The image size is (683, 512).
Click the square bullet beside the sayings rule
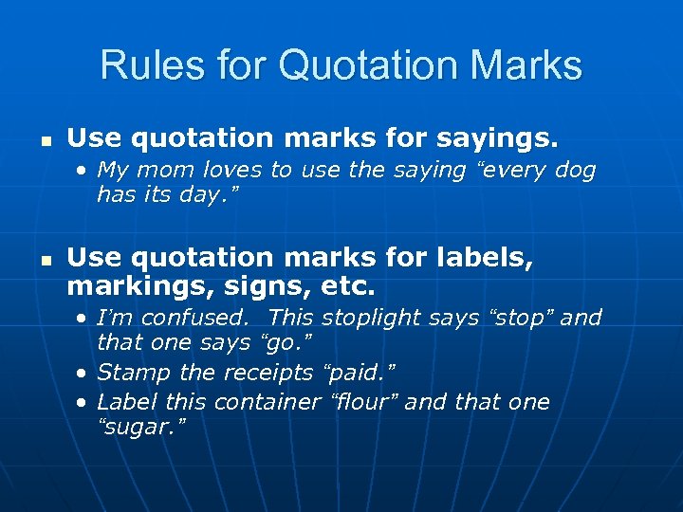tap(40, 139)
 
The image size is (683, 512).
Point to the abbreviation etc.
tap(345, 284)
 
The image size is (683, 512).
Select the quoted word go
tap(287, 341)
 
